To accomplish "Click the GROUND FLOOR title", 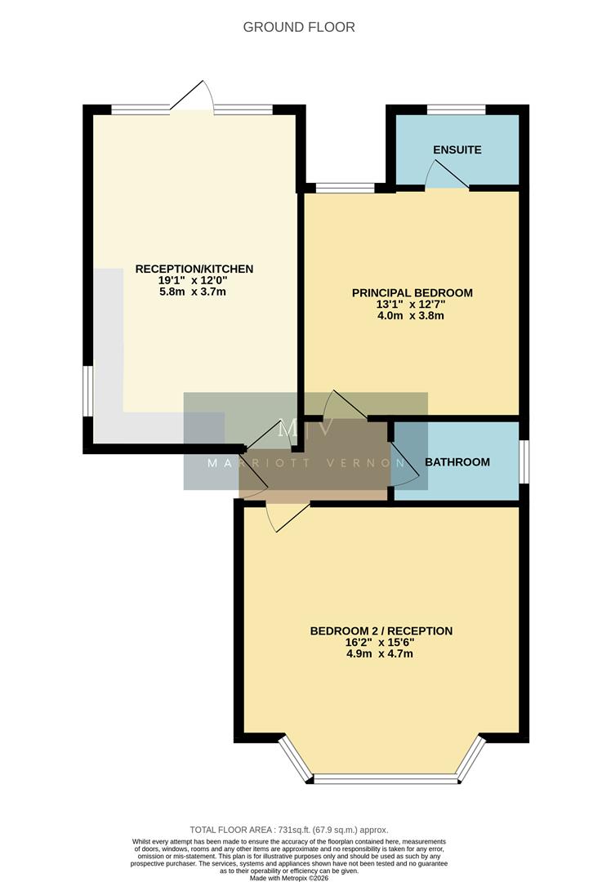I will click(299, 27).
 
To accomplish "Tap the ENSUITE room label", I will click(457, 150).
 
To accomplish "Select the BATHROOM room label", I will click(457, 462).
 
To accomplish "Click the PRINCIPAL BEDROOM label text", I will click(412, 292).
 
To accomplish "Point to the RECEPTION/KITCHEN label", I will click(194, 269).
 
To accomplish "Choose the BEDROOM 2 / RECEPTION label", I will click(381, 630).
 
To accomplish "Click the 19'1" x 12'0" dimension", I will click(194, 280).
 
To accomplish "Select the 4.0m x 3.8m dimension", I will click(412, 315).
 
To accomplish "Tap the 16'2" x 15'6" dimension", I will click(381, 643).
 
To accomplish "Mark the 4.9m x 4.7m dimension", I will click(381, 654).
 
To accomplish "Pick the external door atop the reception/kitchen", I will click(194, 96).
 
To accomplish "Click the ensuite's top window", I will click(456, 109).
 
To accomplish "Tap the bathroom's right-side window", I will click(524, 461).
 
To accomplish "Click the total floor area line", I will click(300, 829).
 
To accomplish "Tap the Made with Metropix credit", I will click(300, 877).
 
